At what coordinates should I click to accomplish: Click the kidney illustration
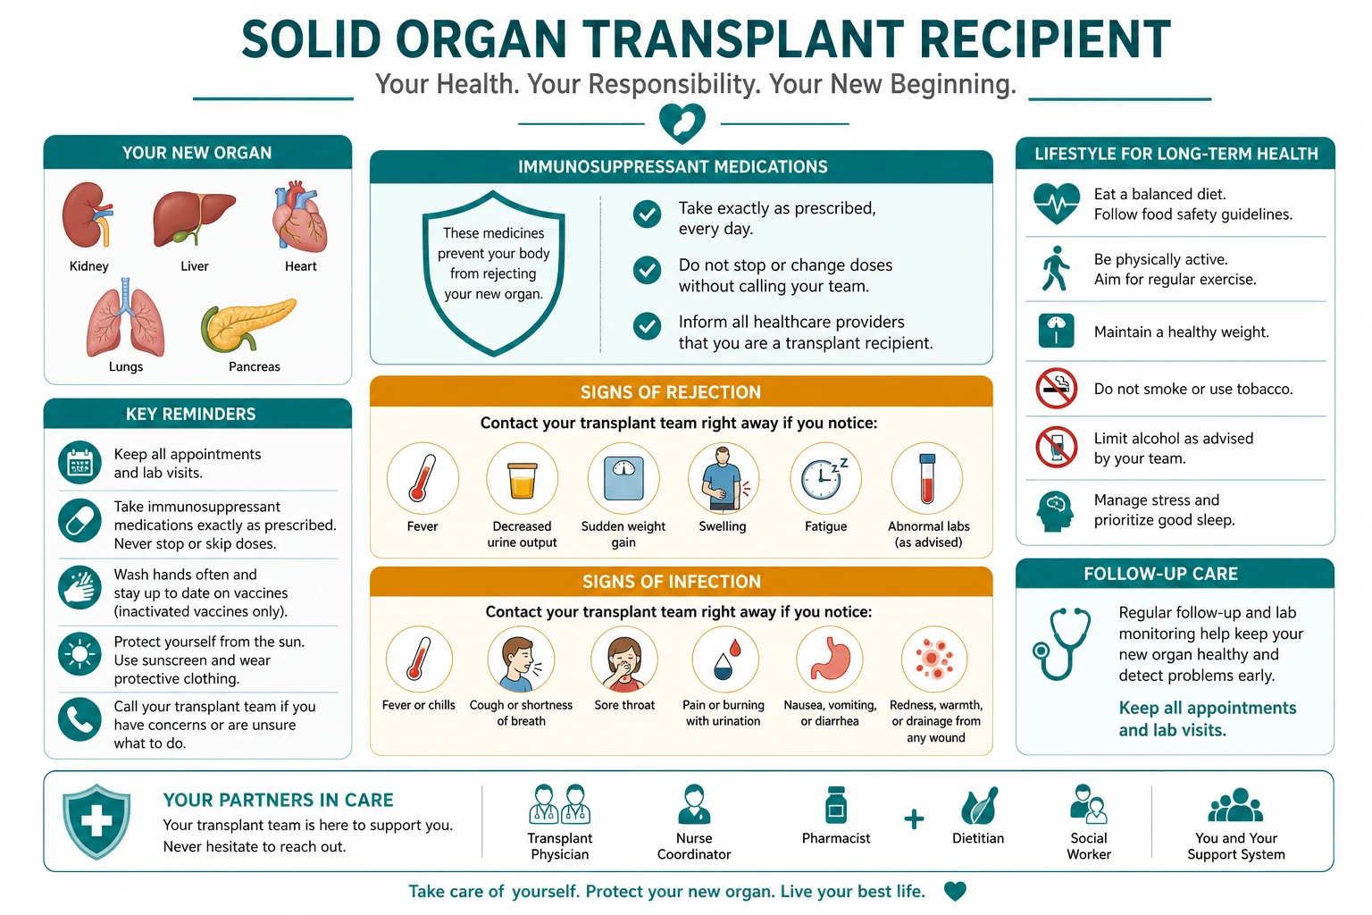click(x=87, y=214)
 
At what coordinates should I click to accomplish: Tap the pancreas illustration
click(x=248, y=325)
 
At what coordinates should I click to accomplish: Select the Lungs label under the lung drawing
click(x=126, y=366)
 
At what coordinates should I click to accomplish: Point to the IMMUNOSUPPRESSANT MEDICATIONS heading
click(x=673, y=167)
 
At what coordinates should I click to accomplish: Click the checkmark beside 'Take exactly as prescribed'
click(x=647, y=214)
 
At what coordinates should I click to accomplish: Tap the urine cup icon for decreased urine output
click(x=522, y=480)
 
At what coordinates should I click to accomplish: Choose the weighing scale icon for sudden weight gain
click(x=623, y=479)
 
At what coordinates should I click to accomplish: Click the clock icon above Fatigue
click(x=824, y=479)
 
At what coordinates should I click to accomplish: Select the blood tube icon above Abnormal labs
click(x=927, y=479)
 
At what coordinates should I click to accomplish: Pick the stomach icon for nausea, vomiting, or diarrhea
click(x=830, y=659)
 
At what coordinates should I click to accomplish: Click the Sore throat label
click(x=624, y=705)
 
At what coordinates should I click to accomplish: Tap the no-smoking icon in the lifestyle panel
click(x=1057, y=389)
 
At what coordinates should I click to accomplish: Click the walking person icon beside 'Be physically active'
click(x=1055, y=268)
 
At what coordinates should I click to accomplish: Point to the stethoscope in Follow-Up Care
click(x=1061, y=643)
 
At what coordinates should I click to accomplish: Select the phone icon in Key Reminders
click(x=79, y=719)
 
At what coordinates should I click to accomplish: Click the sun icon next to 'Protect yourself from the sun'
click(x=79, y=654)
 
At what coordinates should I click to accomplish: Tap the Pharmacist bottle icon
click(x=835, y=805)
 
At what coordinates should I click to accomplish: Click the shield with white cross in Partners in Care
click(x=96, y=821)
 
